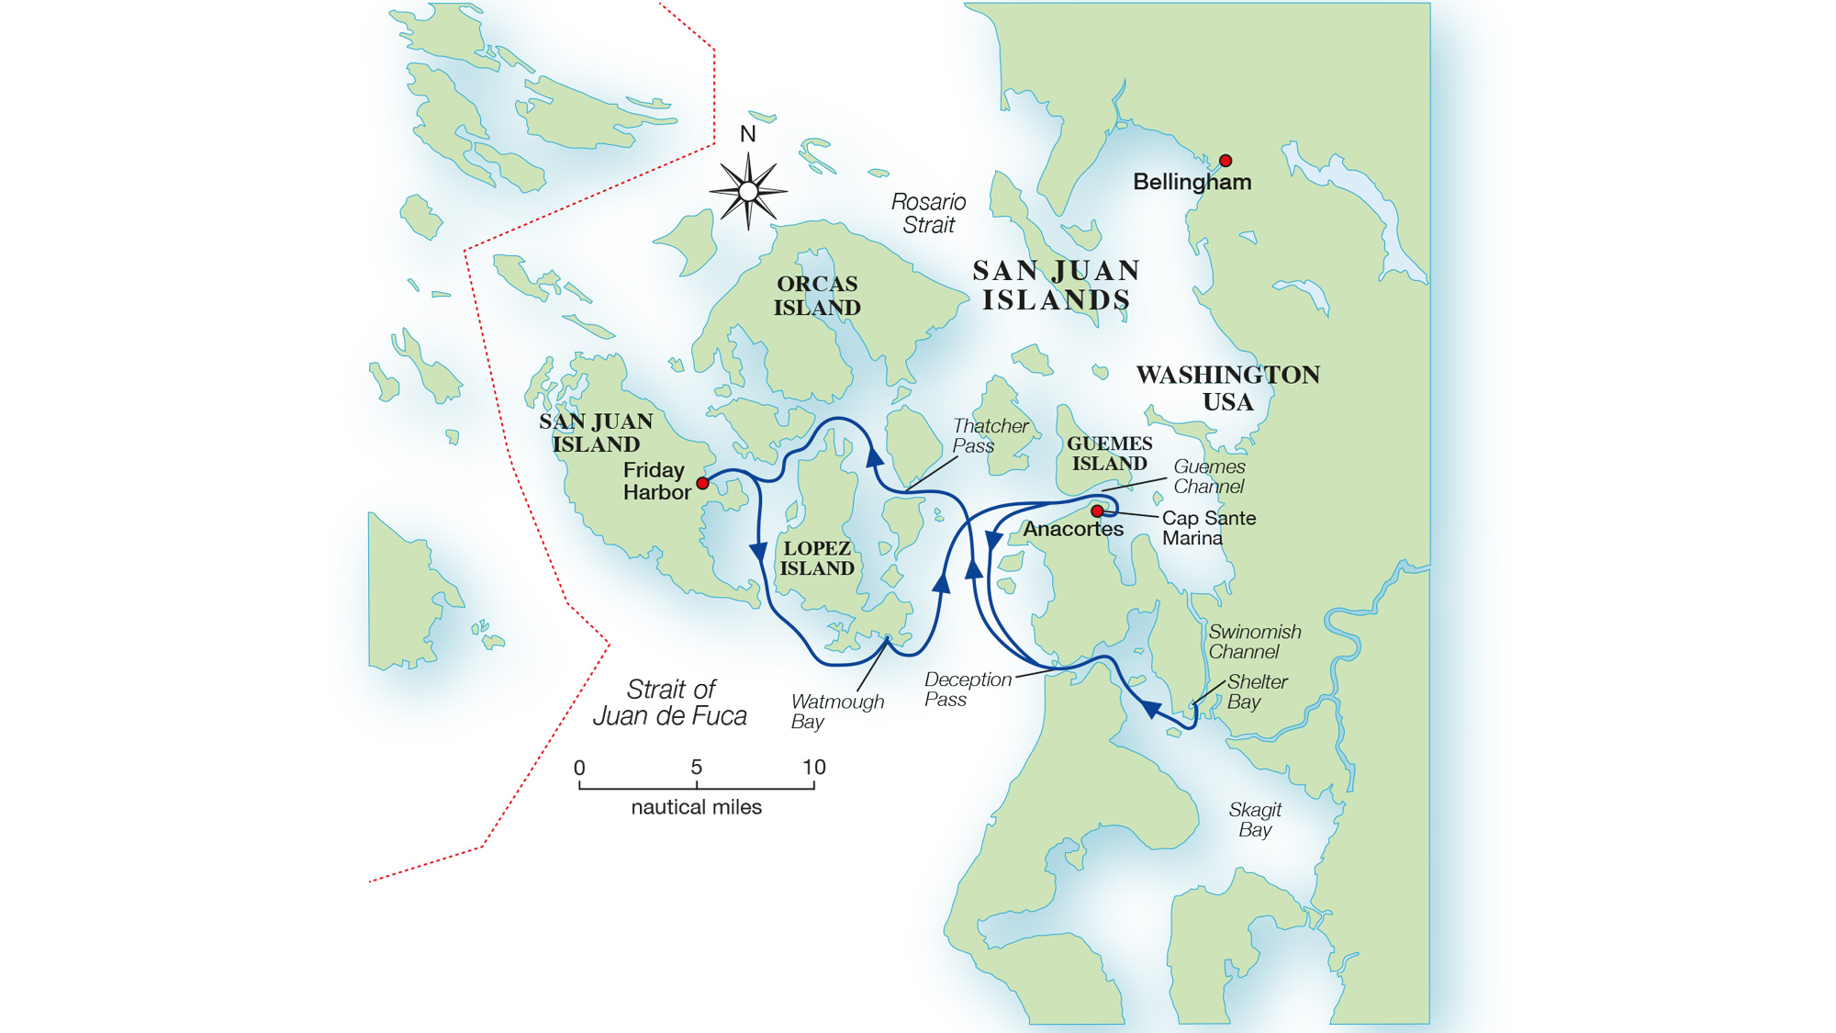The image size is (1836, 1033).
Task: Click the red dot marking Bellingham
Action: click(x=1225, y=161)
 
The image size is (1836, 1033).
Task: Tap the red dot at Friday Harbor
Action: click(x=702, y=483)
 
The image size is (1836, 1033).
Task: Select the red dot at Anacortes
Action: click(x=1097, y=511)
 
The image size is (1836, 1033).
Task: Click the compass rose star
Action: click(x=748, y=191)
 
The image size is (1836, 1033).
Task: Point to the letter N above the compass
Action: click(x=747, y=134)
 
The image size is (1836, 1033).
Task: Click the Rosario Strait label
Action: click(x=928, y=213)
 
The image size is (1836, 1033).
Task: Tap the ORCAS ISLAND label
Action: click(x=816, y=296)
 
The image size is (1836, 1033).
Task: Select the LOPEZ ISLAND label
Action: click(x=816, y=558)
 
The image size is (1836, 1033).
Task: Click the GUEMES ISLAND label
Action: click(x=1109, y=454)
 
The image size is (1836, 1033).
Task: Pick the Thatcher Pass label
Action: click(x=989, y=435)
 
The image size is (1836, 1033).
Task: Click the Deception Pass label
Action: click(x=967, y=689)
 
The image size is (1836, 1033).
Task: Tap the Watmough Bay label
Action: click(x=836, y=711)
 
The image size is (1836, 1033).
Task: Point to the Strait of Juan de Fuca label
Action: click(x=670, y=702)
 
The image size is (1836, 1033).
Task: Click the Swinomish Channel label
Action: click(x=1253, y=641)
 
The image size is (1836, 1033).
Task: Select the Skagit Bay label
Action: click(x=1254, y=819)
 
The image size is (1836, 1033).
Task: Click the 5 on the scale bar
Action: click(x=696, y=767)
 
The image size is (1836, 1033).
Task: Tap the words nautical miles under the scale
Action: click(x=696, y=807)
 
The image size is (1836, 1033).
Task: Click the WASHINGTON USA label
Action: click(x=1227, y=387)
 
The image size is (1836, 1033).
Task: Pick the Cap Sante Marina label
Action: click(x=1208, y=527)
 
